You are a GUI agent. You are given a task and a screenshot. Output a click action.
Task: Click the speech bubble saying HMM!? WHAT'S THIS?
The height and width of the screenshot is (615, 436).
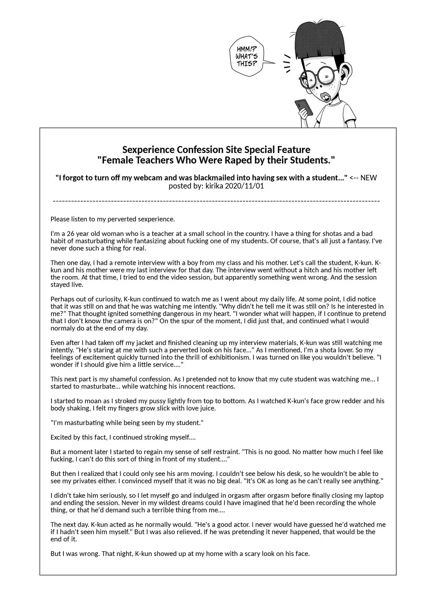coord(247,57)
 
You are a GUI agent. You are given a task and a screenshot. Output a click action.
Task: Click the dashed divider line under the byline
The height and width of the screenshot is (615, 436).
coord(217,201)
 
